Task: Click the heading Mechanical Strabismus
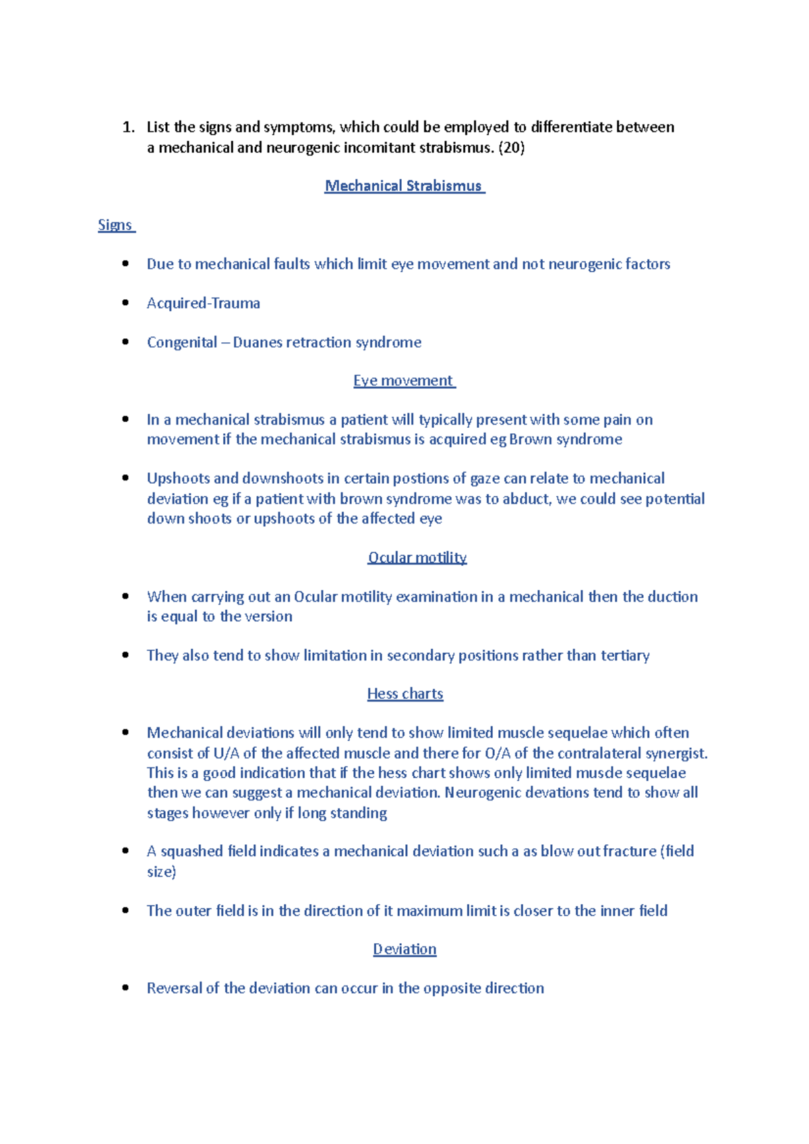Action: point(404,186)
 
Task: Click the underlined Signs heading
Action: point(115,225)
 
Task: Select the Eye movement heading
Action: point(404,381)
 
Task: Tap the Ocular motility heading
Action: point(417,557)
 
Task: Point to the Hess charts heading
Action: point(405,694)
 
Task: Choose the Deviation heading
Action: point(404,949)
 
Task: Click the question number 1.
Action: point(128,127)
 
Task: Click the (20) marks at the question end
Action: point(511,148)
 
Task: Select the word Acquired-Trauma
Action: point(204,303)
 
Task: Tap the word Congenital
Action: point(182,342)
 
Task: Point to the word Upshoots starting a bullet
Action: point(178,478)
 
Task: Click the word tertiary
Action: point(625,656)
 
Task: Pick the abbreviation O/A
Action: point(498,753)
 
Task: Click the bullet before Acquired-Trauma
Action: point(125,303)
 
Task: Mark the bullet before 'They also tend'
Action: point(125,655)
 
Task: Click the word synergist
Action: point(676,753)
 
